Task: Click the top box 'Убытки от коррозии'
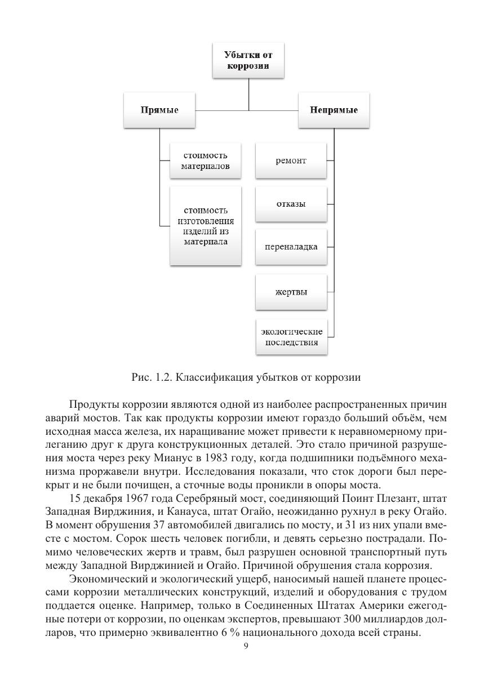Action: click(x=248, y=60)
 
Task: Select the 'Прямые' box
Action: click(x=159, y=110)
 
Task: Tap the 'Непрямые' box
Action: click(x=334, y=110)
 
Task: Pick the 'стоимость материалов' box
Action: click(x=206, y=161)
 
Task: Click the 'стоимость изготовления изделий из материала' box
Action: click(x=206, y=226)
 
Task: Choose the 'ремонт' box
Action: click(x=291, y=161)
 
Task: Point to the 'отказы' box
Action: click(x=291, y=203)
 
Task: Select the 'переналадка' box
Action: click(x=291, y=247)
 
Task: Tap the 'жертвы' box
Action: click(x=291, y=292)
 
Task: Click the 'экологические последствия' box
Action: click(x=291, y=336)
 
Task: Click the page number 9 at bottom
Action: click(x=246, y=646)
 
